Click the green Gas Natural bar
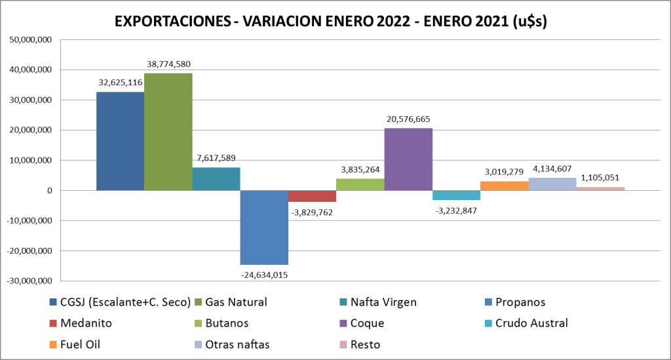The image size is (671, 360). [x=168, y=131]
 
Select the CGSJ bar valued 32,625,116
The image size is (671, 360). [x=120, y=141]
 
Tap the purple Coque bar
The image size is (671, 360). [x=408, y=159]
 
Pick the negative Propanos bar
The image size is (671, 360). [x=264, y=227]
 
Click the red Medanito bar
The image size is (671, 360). [x=312, y=196]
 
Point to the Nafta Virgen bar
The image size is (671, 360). [x=216, y=179]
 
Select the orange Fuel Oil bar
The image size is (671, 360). [x=504, y=186]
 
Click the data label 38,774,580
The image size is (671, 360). [x=168, y=64]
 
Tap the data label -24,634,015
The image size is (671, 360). [x=264, y=275]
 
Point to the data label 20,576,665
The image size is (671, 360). [x=408, y=119]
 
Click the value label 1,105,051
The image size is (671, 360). [x=600, y=178]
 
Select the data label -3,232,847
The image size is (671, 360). [x=456, y=210]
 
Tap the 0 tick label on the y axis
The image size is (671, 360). [x=48, y=191]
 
